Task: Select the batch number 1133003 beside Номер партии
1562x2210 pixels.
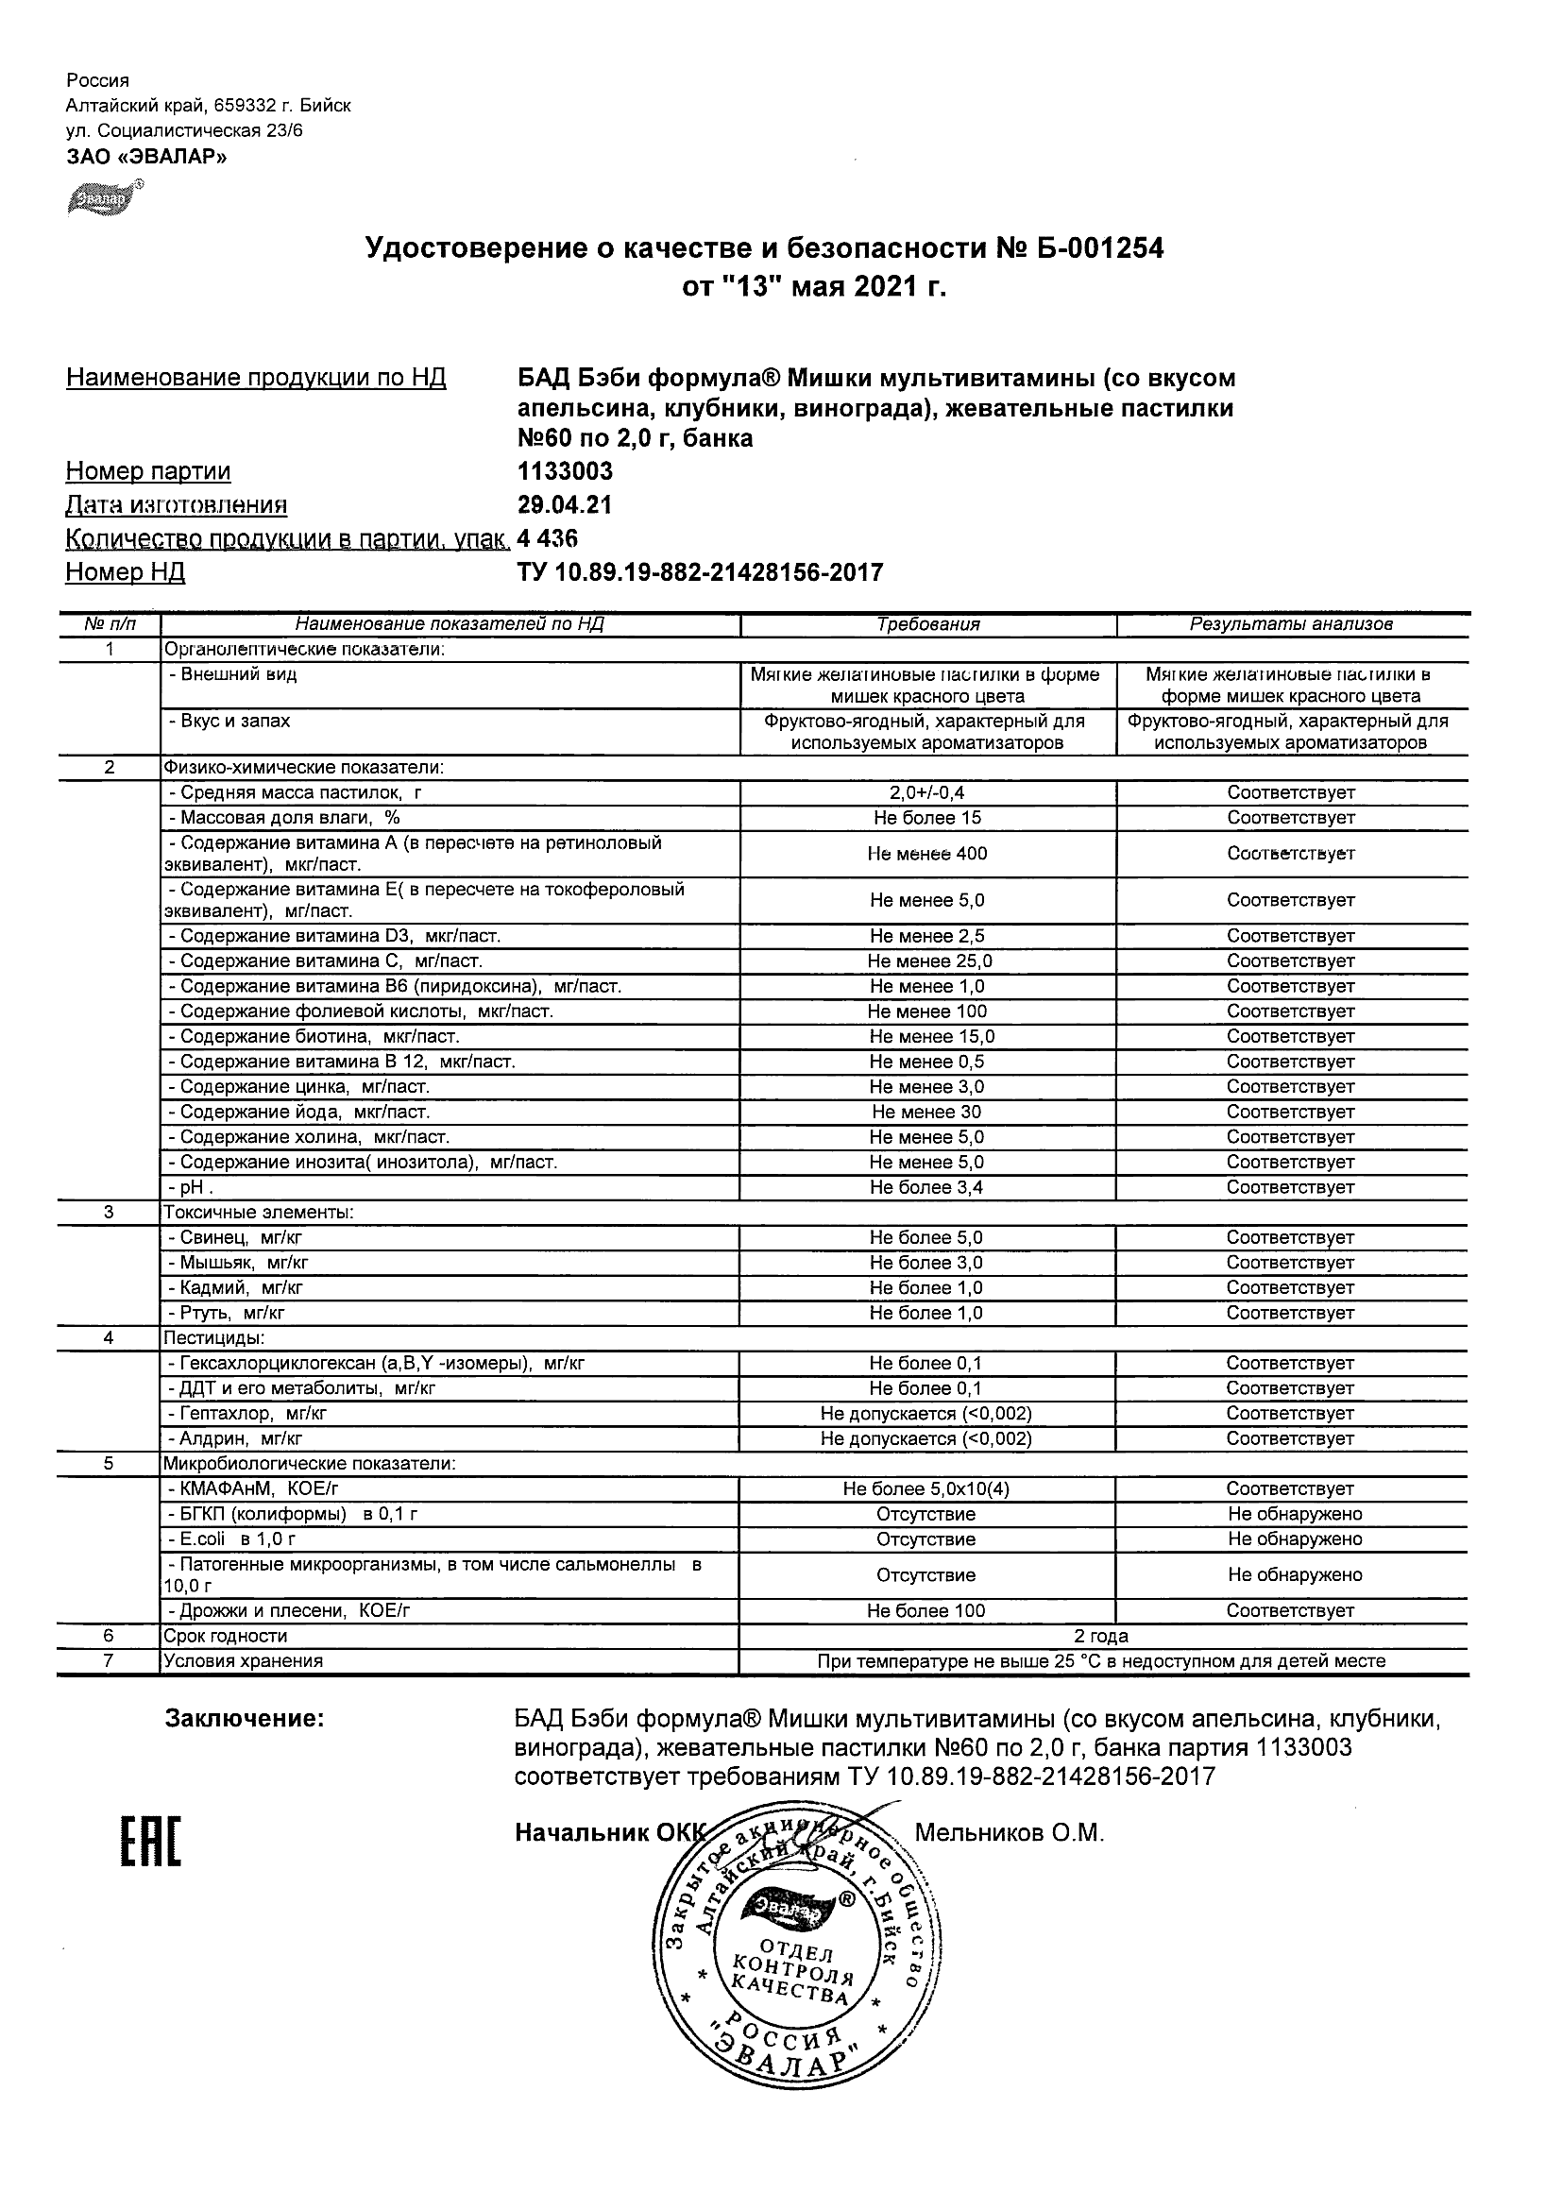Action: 565,471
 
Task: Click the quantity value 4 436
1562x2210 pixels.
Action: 548,538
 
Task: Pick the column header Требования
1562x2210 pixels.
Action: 927,624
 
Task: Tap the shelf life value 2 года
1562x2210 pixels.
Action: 1101,1637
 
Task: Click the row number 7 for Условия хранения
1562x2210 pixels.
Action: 108,1661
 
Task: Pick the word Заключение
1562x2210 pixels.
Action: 245,1719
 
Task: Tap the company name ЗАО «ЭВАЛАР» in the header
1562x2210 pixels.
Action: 146,157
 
